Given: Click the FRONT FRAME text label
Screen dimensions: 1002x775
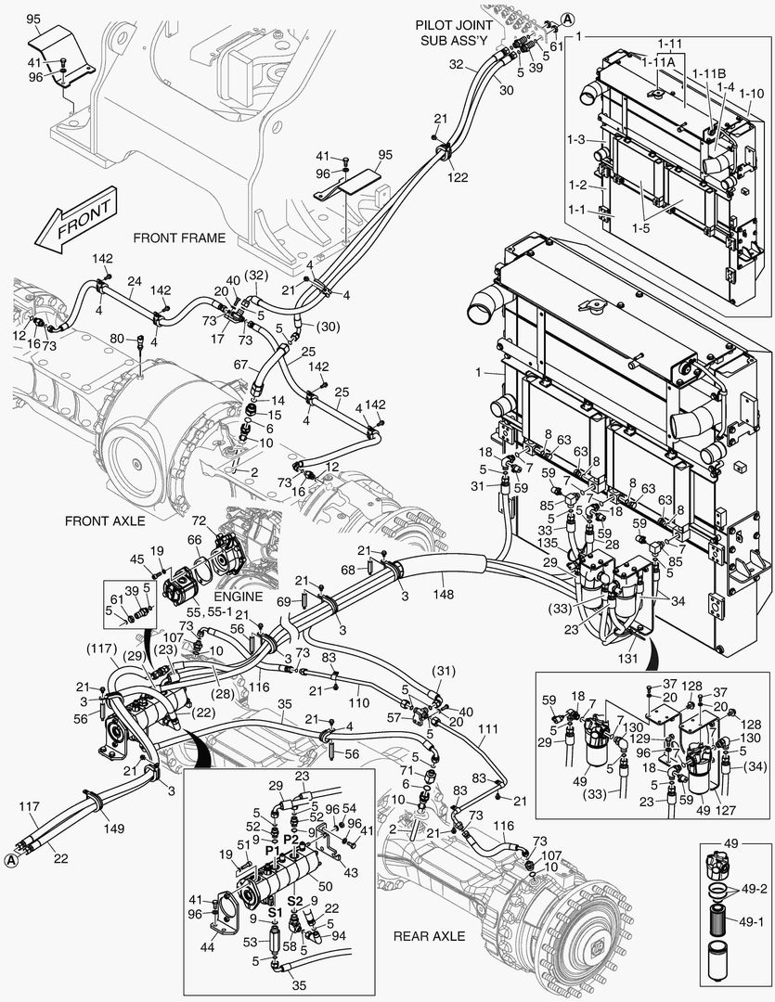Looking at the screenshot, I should [x=179, y=238].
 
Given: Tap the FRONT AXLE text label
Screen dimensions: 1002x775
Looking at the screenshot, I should [x=104, y=521].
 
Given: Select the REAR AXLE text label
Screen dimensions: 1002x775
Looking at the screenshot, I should [x=429, y=936].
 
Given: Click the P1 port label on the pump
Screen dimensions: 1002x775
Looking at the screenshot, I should [x=272, y=849].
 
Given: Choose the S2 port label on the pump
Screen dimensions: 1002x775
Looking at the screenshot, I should [x=294, y=900].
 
